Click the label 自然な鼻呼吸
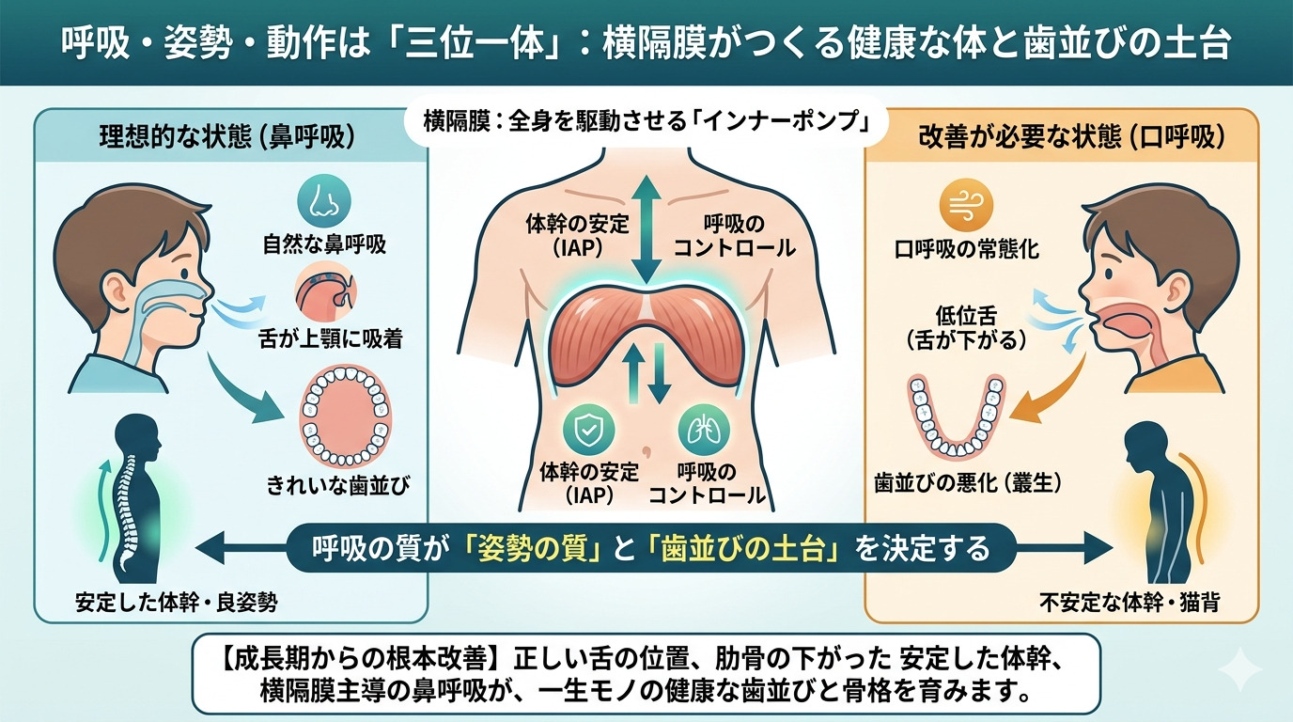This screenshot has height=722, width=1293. [324, 247]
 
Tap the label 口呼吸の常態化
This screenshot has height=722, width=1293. [967, 249]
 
